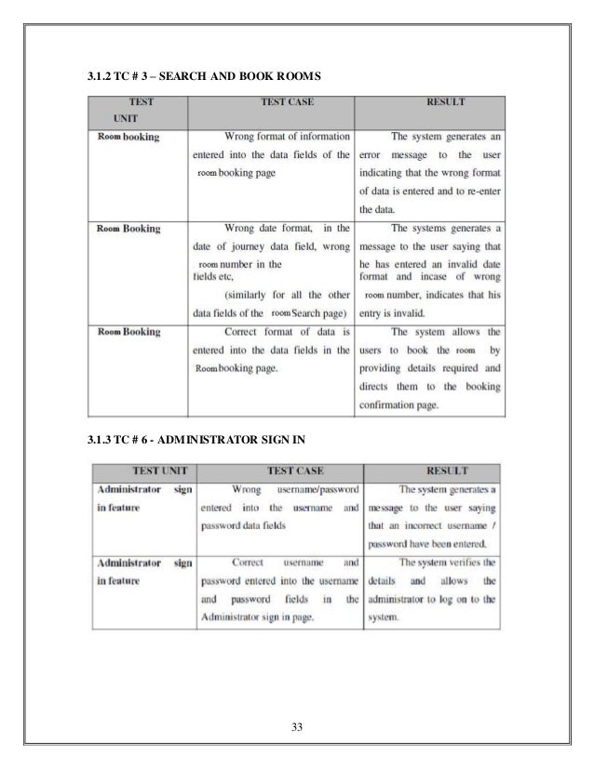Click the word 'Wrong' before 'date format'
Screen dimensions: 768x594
246,227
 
